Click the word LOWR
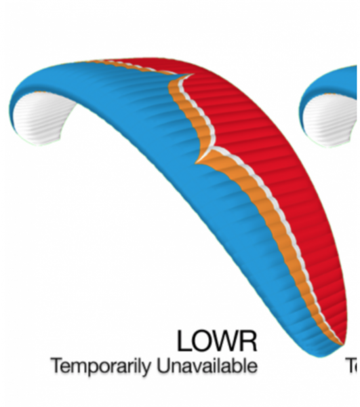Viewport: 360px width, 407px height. [217, 341]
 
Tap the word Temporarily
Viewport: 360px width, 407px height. [100, 366]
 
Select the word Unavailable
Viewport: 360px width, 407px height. [207, 366]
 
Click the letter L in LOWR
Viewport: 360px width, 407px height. [184, 341]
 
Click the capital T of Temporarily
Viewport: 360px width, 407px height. [58, 365]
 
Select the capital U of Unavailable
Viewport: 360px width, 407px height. [163, 366]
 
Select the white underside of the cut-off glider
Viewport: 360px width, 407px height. [332, 119]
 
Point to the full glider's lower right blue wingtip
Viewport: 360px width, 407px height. [321, 348]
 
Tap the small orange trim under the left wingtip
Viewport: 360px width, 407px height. [39, 92]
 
